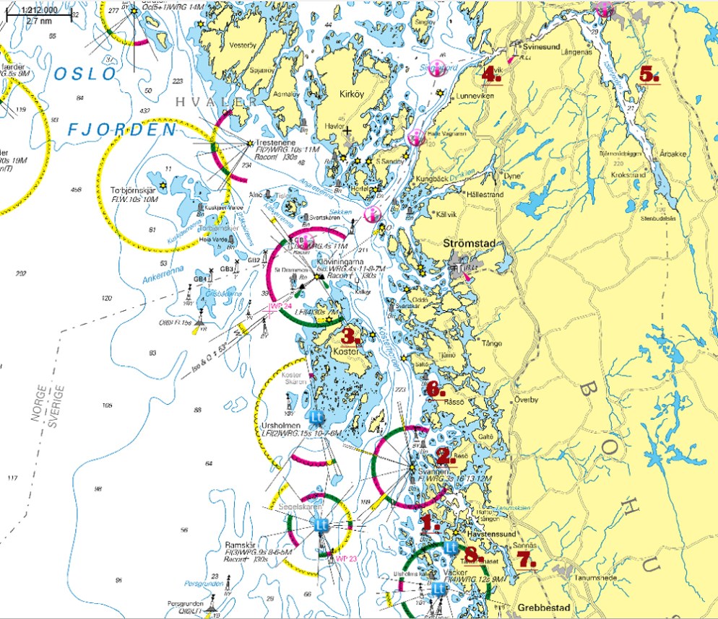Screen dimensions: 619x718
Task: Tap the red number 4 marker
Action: pos(492,74)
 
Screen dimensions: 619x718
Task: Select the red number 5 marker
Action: pos(649,74)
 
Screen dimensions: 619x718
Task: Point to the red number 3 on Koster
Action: pos(351,336)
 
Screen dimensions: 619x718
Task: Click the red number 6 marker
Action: pos(435,390)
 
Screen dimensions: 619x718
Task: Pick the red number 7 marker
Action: pos(526,560)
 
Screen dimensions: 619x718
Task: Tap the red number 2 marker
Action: pos(445,457)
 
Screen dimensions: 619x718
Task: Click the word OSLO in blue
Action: pos(85,74)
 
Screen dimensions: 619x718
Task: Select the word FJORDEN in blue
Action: pos(122,130)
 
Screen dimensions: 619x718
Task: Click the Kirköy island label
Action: pos(354,94)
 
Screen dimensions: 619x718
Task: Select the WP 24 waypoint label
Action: pos(280,306)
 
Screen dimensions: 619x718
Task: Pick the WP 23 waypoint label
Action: pos(346,558)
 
